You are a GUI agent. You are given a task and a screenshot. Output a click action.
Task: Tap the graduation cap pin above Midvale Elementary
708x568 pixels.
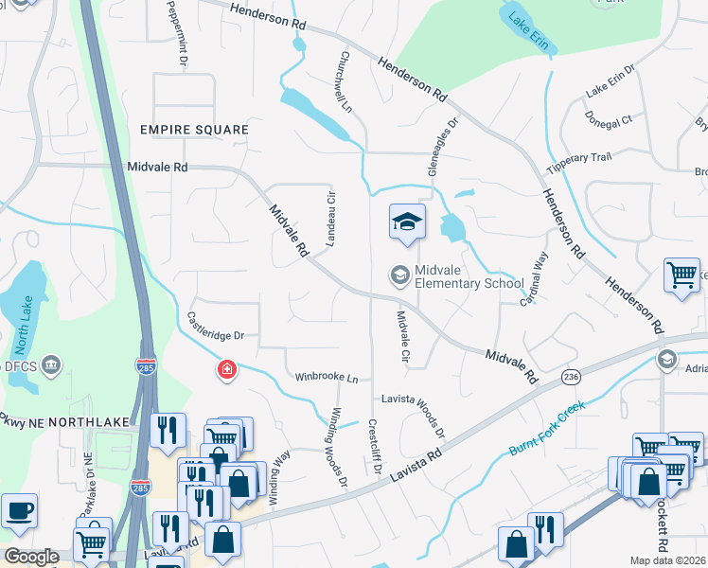tap(407, 222)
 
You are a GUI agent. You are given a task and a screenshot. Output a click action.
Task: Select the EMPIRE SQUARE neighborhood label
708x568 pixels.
tap(193, 129)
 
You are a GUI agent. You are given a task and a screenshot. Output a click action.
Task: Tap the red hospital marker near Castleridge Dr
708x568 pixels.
tap(227, 369)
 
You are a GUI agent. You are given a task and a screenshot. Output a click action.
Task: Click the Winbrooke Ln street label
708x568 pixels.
tap(327, 378)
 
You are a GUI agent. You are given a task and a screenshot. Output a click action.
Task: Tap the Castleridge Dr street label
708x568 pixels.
tap(216, 335)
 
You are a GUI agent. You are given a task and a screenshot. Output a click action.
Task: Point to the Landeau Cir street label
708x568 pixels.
tap(331, 220)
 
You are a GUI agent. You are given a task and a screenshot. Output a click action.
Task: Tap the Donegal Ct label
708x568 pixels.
tap(610, 120)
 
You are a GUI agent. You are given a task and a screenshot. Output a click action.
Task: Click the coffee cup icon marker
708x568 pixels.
tap(19, 511)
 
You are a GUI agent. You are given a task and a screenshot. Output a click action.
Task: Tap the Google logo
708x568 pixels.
tap(30, 557)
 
